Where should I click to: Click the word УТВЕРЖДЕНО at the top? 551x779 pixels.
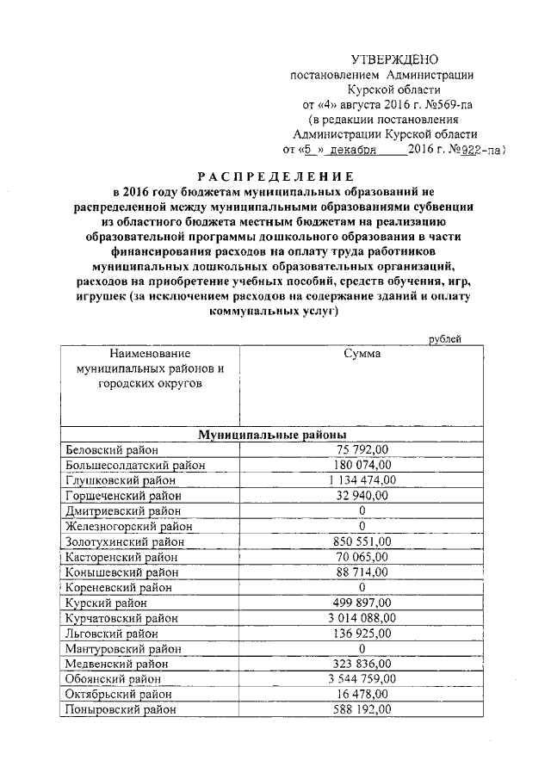(395, 59)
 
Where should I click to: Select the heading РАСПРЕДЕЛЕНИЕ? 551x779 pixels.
(275, 175)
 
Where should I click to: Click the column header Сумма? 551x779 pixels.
(362, 353)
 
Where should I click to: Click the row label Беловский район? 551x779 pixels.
(111, 449)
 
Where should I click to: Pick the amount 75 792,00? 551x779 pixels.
(362, 449)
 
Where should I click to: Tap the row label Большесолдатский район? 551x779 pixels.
(135, 465)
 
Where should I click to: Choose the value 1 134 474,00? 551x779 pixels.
(362, 480)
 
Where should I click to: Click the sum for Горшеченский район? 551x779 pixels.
(362, 496)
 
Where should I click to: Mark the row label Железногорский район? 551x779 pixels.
(128, 526)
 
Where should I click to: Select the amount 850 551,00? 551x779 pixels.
(362, 541)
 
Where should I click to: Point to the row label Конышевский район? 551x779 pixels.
(122, 572)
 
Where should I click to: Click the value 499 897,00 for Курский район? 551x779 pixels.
(362, 603)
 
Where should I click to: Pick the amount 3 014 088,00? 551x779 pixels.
(362, 618)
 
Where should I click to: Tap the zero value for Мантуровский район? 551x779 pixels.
(362, 648)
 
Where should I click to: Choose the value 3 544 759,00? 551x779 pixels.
(362, 678)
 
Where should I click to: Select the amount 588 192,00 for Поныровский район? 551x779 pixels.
(362, 709)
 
